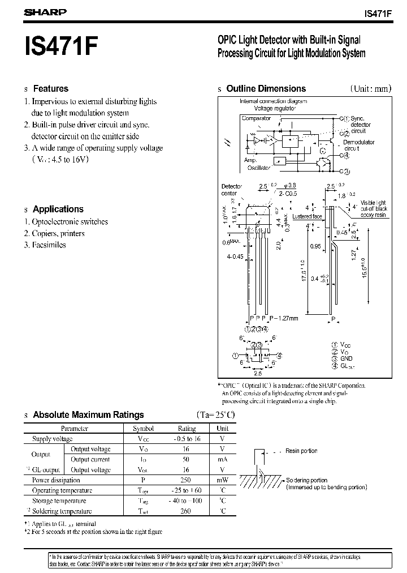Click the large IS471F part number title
pos(60,46)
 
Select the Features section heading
pos(50,88)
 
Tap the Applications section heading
pos(58,209)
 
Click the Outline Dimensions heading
pos(266,88)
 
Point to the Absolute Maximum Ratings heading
pos(88,415)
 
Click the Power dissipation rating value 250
pos(187,480)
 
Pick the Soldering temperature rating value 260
pos(187,511)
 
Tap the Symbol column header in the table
pos(143,429)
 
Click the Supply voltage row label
pos(52,439)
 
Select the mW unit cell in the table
pos(222,480)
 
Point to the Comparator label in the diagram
pos(256,118)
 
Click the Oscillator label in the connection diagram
pos(259,168)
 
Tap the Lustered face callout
pos(308,216)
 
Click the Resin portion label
pos(301,451)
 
